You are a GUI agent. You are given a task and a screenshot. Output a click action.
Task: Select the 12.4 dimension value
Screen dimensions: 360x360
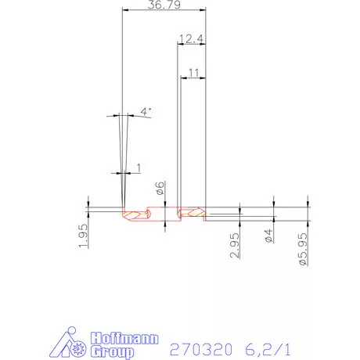[191, 38]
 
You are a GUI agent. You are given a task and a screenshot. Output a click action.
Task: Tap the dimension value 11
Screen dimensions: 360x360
[193, 71]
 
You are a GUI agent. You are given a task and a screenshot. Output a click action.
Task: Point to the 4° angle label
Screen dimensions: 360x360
[145, 111]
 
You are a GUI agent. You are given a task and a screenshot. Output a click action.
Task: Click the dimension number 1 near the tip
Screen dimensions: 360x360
[139, 167]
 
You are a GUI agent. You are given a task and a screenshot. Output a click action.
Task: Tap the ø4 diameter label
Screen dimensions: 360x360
[268, 236]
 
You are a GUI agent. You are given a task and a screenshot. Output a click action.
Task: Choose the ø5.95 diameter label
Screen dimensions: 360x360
[303, 248]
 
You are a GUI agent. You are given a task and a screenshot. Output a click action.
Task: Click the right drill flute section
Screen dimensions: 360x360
[191, 211]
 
